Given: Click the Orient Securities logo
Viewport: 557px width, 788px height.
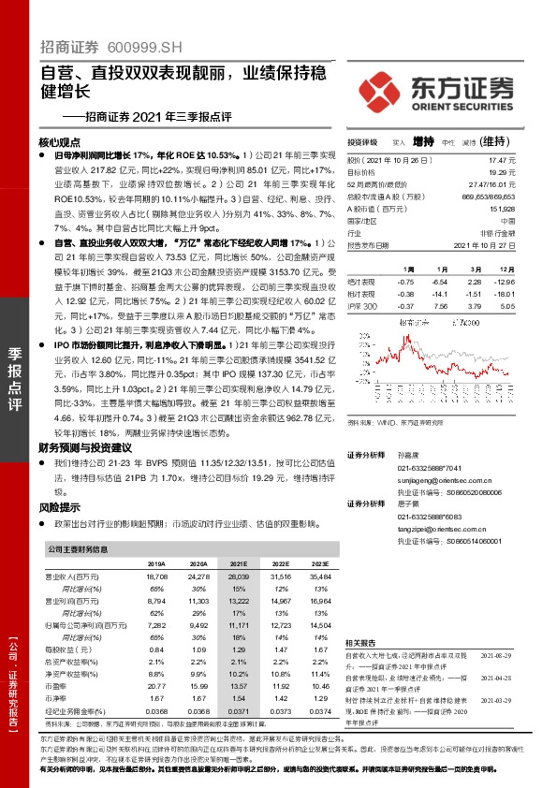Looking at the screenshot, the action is click(x=435, y=91).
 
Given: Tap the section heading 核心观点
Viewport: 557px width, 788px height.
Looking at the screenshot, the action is click(x=61, y=142).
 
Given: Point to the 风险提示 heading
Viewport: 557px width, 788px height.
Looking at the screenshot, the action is click(x=61, y=506).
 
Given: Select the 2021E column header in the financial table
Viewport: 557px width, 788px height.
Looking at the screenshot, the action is click(x=238, y=564).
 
